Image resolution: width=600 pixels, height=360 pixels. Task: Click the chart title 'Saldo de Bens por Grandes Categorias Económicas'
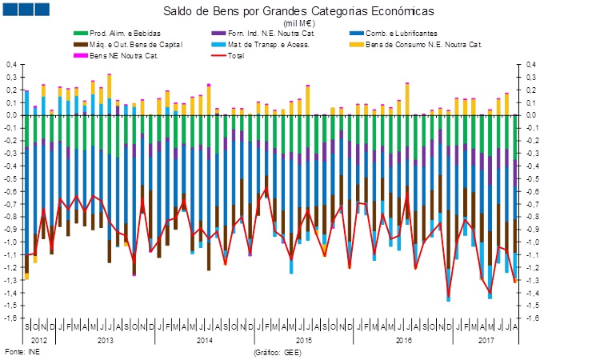pyautogui.click(x=299, y=13)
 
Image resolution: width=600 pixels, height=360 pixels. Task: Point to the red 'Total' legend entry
pyautogui.click(x=236, y=54)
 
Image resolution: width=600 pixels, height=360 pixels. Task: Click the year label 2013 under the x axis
pyautogui.click(x=105, y=340)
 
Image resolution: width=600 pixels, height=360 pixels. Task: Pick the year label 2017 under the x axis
pyautogui.click(x=484, y=340)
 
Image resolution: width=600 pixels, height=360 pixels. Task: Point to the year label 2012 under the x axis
pyautogui.click(x=39, y=340)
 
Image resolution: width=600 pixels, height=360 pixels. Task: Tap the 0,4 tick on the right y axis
pyautogui.click(x=531, y=65)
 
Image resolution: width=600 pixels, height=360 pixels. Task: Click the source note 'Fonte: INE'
pyautogui.click(x=22, y=352)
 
